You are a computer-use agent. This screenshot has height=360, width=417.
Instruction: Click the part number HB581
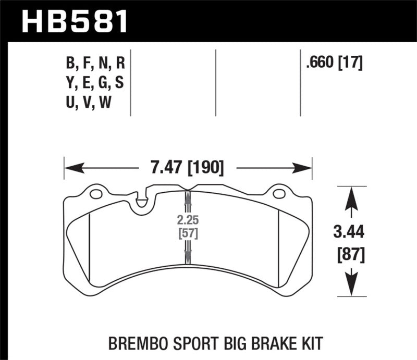(75, 21)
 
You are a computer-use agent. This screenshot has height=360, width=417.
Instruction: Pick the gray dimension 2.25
(188, 218)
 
